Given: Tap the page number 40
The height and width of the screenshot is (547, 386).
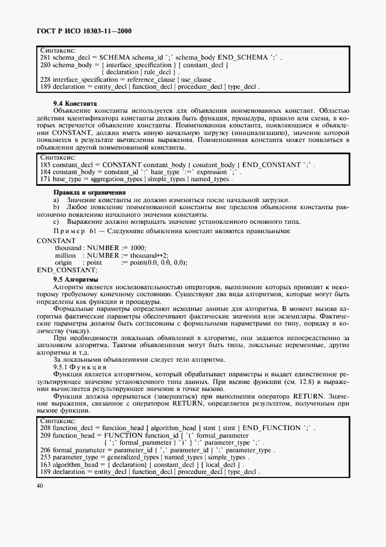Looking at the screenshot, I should tap(40, 486).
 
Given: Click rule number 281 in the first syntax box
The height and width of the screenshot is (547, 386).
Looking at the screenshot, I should tap(45, 58).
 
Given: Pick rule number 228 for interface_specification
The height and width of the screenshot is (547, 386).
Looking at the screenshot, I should tap(45, 79).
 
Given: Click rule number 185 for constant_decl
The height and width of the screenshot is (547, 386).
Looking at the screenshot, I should tap(45, 165).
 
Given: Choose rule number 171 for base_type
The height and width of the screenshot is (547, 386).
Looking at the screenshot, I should tap(45, 179).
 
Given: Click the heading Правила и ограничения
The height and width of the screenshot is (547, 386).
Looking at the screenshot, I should tap(90, 192).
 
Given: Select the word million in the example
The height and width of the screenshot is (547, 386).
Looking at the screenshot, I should tap(65, 255).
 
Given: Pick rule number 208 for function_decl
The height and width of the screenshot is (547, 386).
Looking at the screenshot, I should tap(46, 428).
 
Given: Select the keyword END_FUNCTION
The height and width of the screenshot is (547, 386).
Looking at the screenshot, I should tap(274, 428).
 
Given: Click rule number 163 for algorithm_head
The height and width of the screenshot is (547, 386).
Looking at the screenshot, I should tap(46, 465).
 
